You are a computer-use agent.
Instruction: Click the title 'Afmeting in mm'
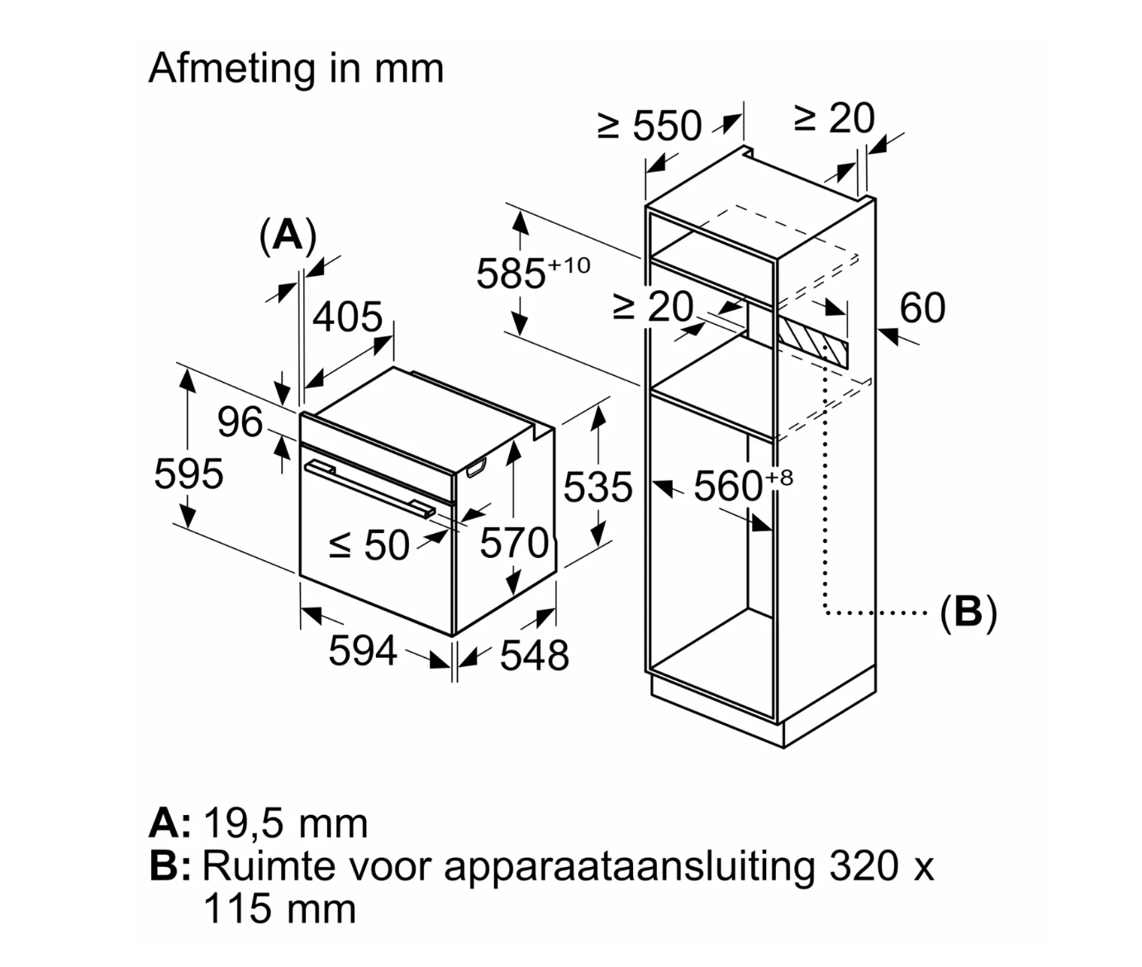296,69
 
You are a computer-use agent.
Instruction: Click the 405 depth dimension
347,317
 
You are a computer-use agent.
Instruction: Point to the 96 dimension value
240,422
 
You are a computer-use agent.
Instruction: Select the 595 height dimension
188,474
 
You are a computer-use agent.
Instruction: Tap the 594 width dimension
363,651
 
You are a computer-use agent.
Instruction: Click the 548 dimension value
535,655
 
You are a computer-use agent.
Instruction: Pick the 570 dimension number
514,544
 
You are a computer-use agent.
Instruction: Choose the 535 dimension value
597,487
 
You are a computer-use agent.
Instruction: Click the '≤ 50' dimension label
369,545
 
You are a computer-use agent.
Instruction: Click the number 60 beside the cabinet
922,308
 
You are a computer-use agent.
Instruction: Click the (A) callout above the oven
288,236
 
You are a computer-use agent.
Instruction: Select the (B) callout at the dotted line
968,612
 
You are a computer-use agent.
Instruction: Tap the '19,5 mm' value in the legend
285,824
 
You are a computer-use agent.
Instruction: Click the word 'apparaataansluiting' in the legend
629,867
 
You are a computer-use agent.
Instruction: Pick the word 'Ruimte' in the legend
269,867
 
